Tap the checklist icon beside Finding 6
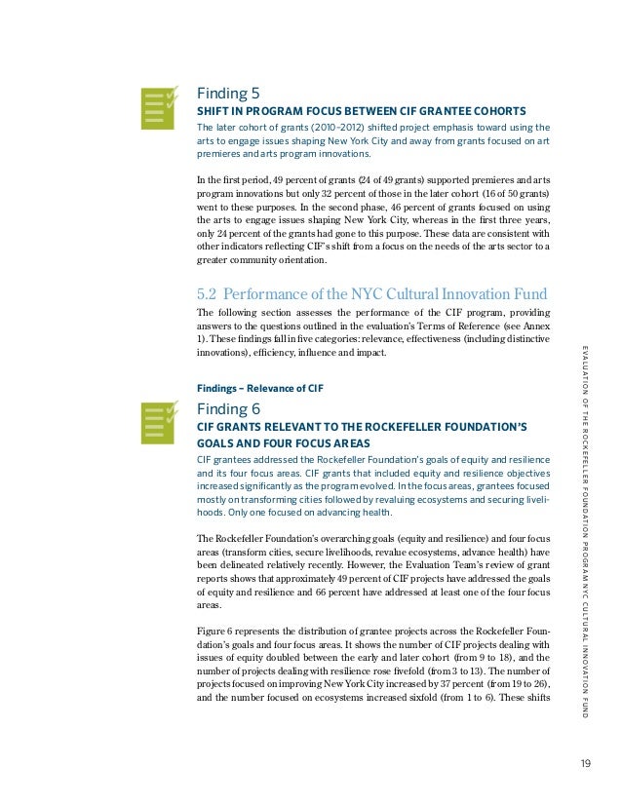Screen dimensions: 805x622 coord(160,420)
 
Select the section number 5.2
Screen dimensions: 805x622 coord(213,293)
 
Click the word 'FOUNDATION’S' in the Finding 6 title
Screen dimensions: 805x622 coord(483,426)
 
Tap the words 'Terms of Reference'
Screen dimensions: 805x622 coord(459,326)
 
